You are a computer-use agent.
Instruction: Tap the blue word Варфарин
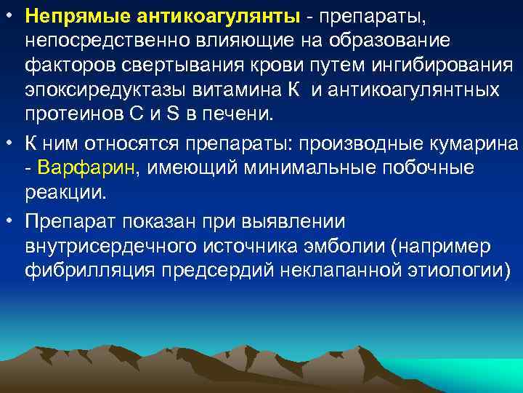coord(90,168)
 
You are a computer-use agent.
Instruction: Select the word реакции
coord(65,194)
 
